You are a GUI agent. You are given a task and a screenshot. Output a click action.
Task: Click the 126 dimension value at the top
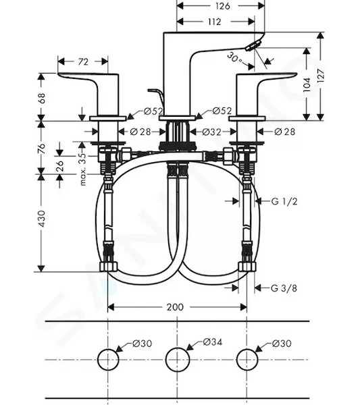[x=222, y=5]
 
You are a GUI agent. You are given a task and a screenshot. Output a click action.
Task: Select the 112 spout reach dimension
[x=215, y=22]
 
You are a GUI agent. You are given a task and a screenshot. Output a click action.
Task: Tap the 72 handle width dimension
[x=82, y=61]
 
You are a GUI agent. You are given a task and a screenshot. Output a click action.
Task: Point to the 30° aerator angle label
[x=234, y=58]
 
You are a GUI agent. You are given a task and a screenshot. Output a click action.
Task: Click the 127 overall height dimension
[x=321, y=76]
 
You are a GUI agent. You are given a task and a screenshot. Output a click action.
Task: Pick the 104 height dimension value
[x=307, y=84]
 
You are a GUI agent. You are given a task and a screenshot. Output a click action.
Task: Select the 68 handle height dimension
[x=42, y=98]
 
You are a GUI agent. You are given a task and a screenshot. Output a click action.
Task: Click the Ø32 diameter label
[x=212, y=132]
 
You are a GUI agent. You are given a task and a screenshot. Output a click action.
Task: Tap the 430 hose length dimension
[x=42, y=219]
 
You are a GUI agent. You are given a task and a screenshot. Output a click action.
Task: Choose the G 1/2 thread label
[x=284, y=201]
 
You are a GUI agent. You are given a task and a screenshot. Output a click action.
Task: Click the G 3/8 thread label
[x=284, y=288]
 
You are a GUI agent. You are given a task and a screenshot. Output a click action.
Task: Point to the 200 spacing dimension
[x=175, y=307]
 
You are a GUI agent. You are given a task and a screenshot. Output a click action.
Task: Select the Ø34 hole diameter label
[x=213, y=342]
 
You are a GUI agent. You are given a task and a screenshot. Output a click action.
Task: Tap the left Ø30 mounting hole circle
[x=98, y=360]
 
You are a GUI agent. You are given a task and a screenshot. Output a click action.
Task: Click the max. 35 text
[x=82, y=169]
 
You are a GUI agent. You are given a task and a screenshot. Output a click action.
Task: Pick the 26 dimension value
[x=59, y=165]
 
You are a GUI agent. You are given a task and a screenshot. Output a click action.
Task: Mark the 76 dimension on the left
[x=42, y=148]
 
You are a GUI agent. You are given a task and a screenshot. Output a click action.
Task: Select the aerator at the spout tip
[x=253, y=46]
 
